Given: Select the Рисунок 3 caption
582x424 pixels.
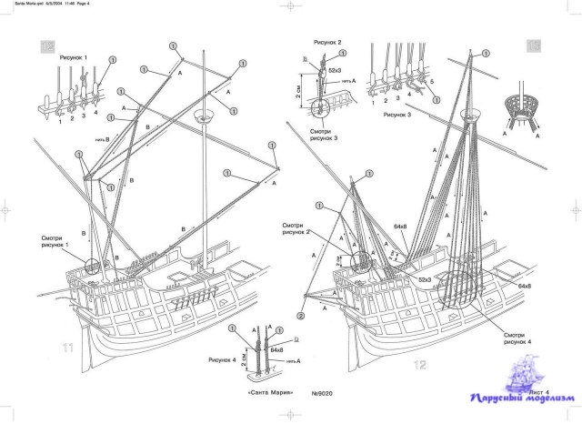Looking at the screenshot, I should click(x=400, y=116).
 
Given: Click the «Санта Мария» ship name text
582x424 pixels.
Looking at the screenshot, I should click(x=270, y=393).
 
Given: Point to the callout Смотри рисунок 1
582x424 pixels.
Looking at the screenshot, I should click(x=58, y=244).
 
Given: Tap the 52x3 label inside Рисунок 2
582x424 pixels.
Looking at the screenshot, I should click(x=334, y=71).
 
